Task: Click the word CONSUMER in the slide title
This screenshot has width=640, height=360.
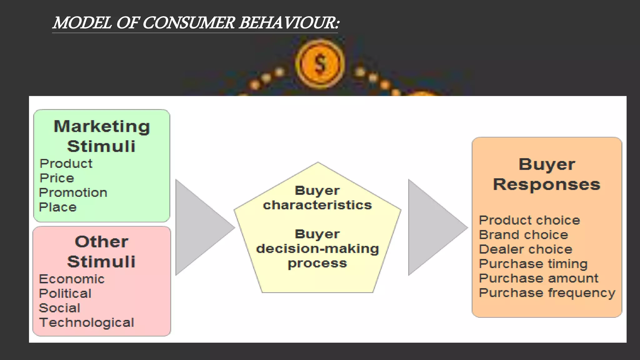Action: click(188, 23)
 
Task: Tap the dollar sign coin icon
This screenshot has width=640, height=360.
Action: click(320, 64)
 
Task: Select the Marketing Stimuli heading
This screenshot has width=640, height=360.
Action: click(102, 136)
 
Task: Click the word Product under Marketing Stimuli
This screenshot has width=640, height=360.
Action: click(66, 164)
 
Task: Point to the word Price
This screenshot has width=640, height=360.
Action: click(57, 178)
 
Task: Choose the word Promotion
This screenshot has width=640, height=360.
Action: click(73, 193)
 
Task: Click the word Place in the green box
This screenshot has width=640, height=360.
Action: click(58, 207)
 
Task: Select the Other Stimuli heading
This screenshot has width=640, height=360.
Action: click(102, 251)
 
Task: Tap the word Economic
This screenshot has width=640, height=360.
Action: click(72, 279)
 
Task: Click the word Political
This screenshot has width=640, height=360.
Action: click(65, 293)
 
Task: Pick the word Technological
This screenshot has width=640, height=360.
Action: click(87, 322)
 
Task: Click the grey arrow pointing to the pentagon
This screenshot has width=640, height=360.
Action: click(200, 227)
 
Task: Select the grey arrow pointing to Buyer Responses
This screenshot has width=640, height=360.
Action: click(433, 227)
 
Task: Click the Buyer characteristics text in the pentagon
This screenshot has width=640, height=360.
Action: click(317, 198)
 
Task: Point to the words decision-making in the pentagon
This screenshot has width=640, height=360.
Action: click(317, 249)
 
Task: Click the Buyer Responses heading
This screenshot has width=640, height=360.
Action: click(547, 174)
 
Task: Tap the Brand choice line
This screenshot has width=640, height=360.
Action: click(523, 235)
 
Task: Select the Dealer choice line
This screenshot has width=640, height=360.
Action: click(526, 249)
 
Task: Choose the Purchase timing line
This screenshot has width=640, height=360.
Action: click(533, 264)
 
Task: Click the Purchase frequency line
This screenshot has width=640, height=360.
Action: click(547, 293)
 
